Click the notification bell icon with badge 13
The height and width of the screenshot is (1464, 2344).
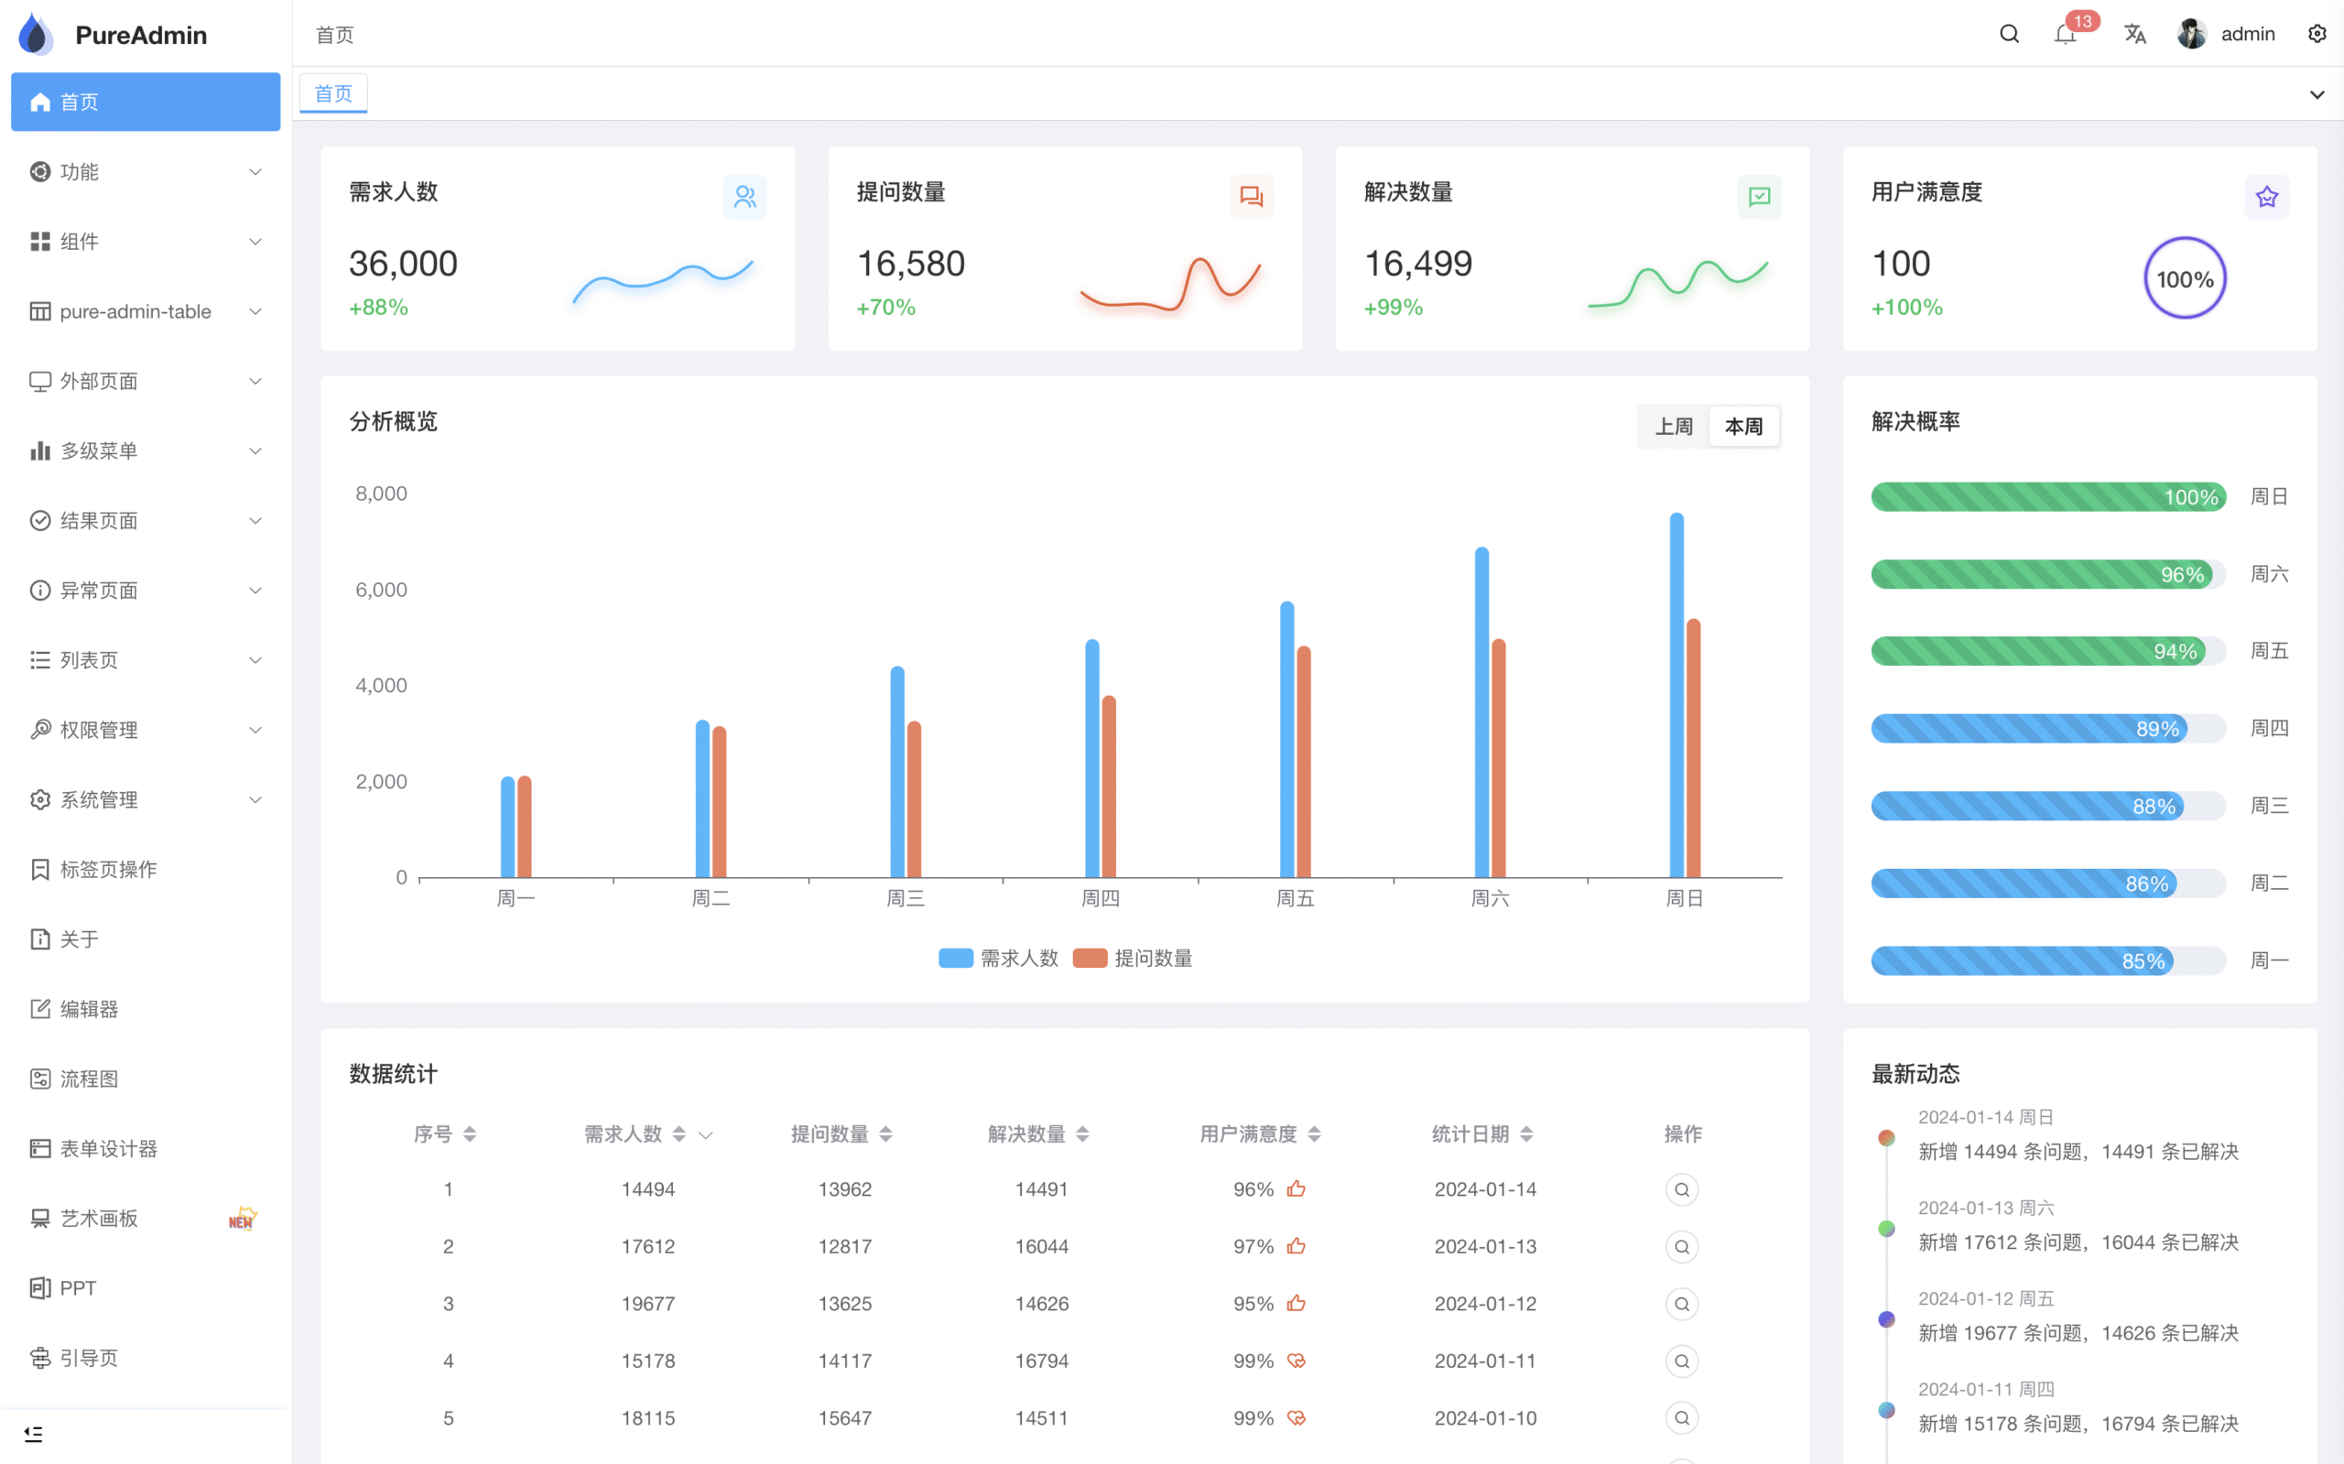pos(2065,36)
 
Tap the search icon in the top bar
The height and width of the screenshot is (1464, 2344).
pos(2009,34)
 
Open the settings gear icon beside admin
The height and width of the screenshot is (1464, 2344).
pos(2316,34)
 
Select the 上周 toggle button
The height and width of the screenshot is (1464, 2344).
pos(1673,427)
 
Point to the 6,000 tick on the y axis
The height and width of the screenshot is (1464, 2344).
pos(381,590)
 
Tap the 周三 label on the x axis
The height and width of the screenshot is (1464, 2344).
pos(906,899)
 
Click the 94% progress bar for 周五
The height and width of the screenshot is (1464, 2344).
pos(2037,652)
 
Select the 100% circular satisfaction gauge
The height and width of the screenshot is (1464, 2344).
pos(2185,279)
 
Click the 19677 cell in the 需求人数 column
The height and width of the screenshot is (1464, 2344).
pos(647,1303)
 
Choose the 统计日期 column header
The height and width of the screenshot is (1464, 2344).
pos(1470,1133)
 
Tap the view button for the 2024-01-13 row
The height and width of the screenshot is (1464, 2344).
pos(1682,1246)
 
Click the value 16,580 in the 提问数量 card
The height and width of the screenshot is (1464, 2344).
pos(910,264)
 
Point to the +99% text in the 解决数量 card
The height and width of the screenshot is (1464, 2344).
pos(1393,308)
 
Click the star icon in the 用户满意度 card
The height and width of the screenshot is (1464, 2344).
pos(2265,198)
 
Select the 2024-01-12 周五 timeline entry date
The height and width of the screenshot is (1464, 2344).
pos(1985,1298)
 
